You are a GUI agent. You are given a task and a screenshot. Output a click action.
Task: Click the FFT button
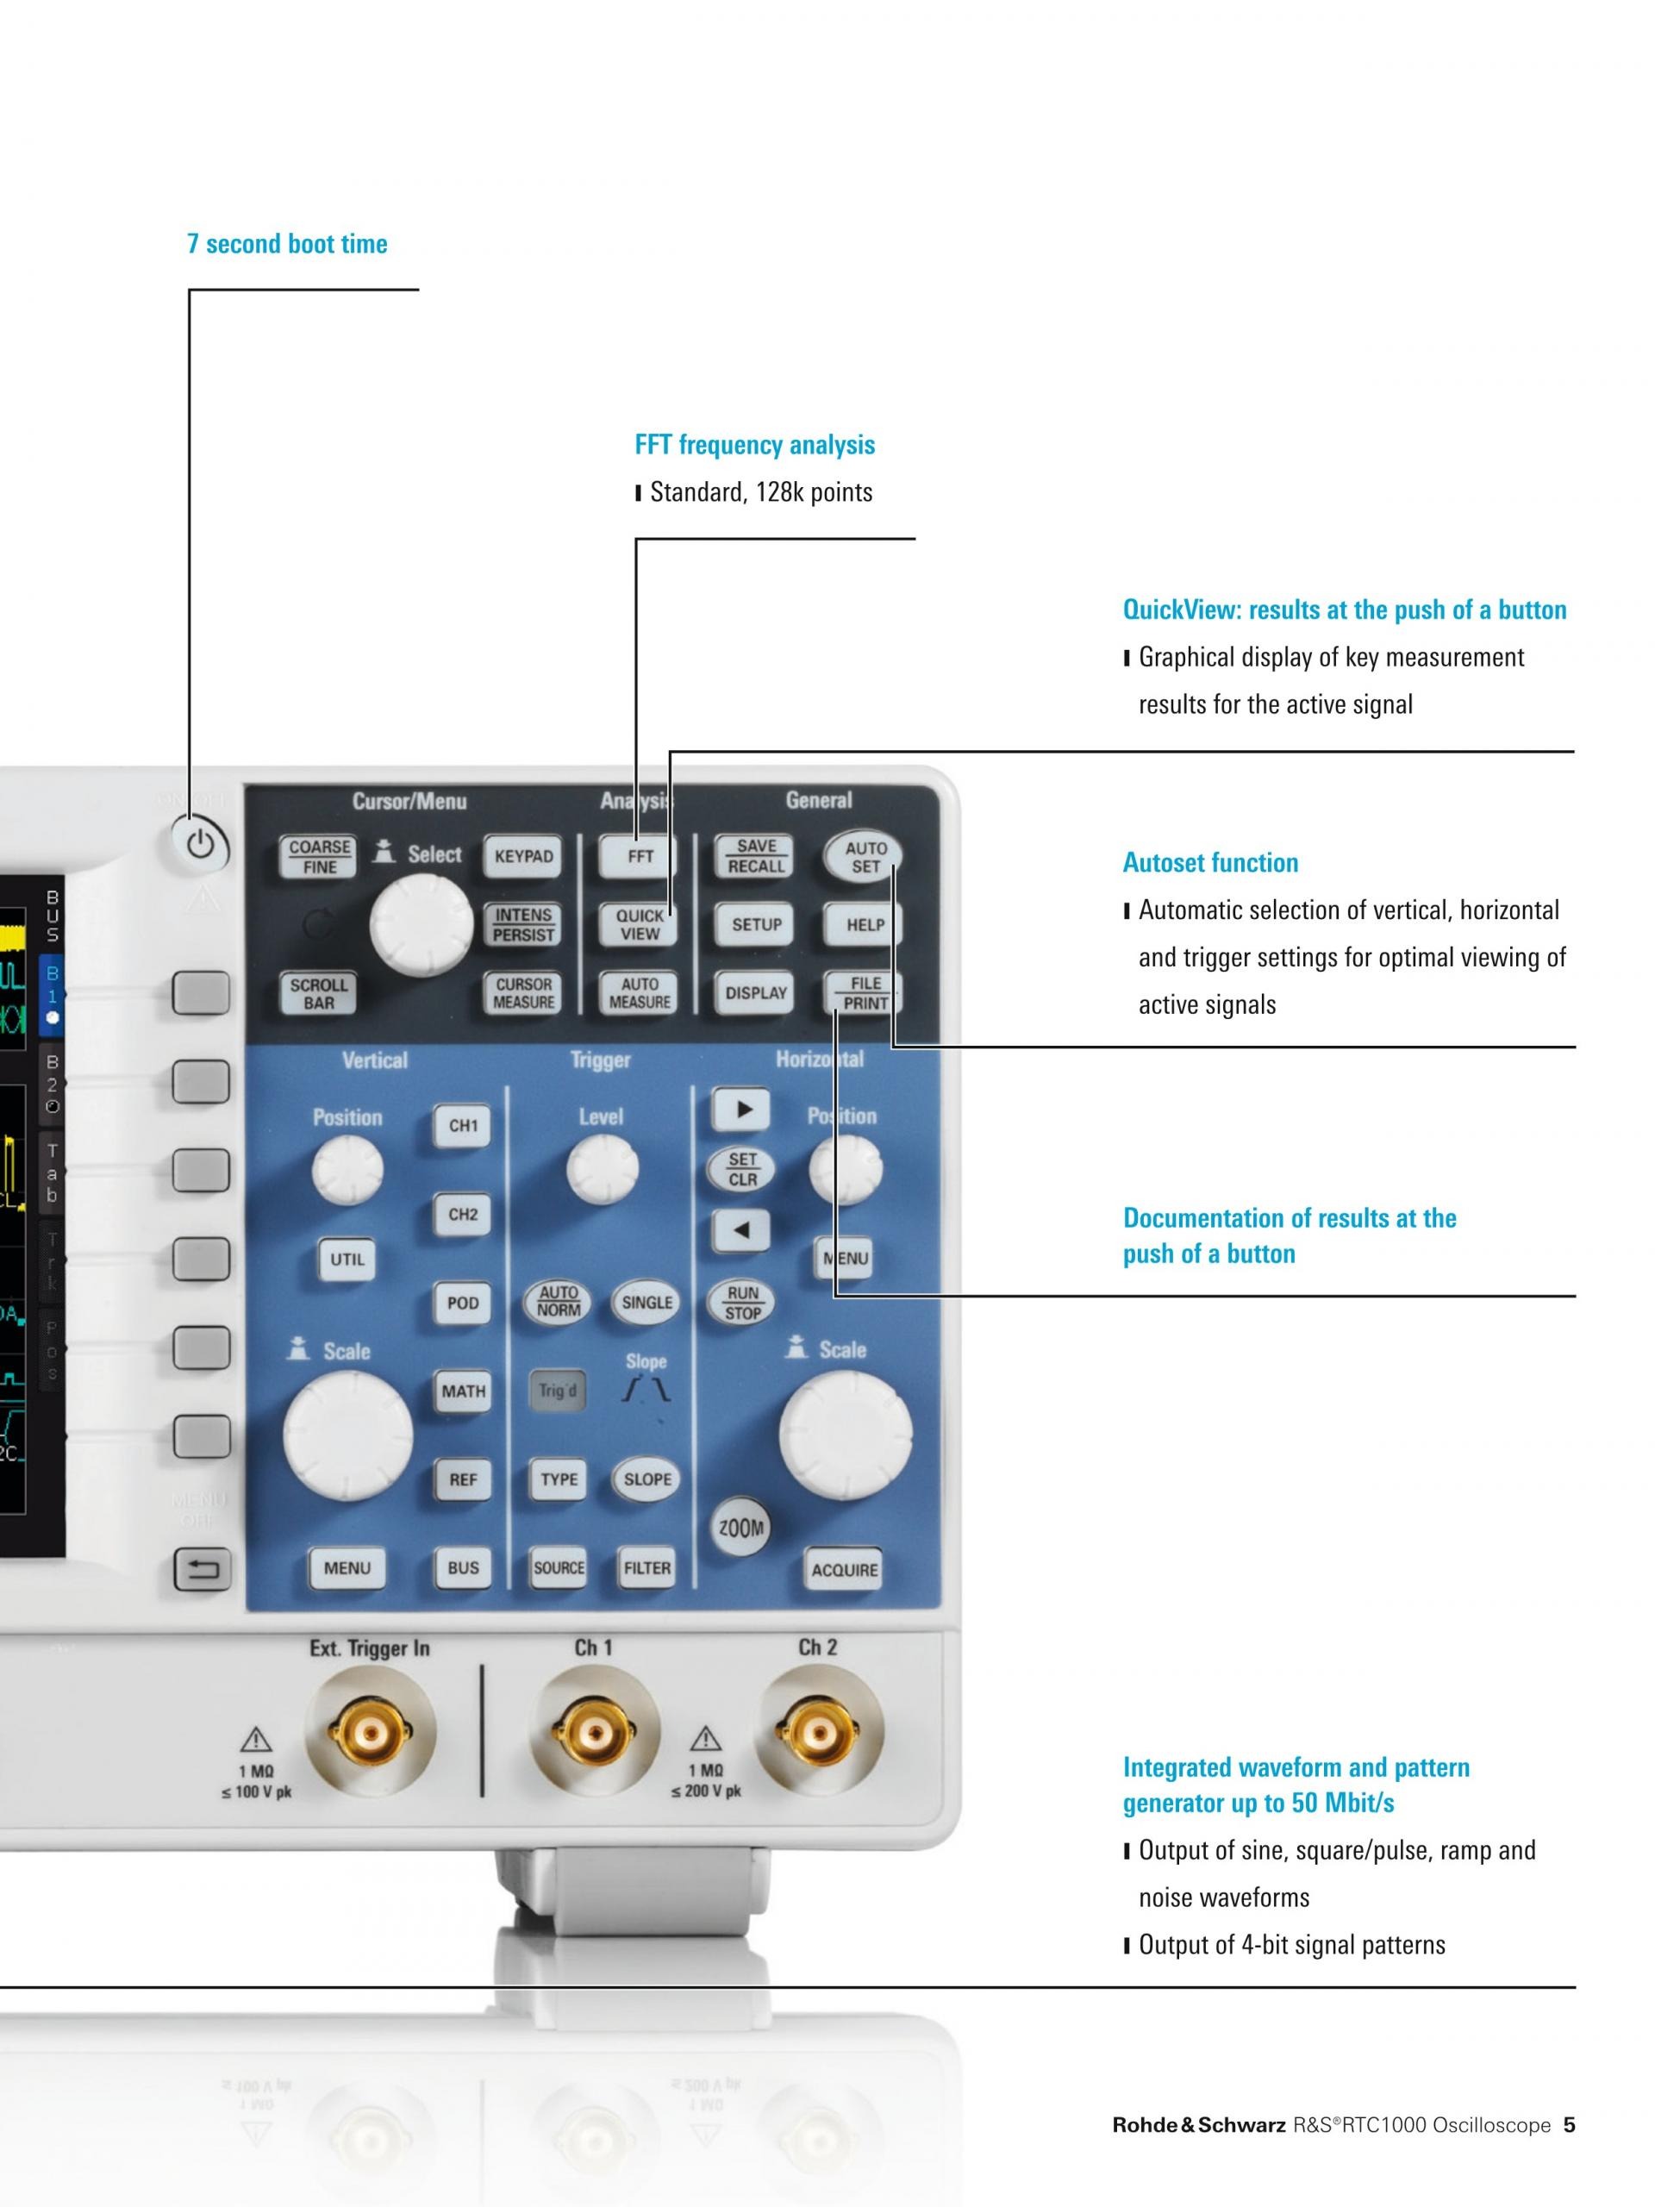(640, 856)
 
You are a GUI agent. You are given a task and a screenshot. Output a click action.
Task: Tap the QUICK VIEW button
(640, 924)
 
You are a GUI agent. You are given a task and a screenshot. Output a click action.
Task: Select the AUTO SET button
(865, 857)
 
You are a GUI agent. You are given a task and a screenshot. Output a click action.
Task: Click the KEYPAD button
(524, 856)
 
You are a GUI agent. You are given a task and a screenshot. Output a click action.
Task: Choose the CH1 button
(463, 1125)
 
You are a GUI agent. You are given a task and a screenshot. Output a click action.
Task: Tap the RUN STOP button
(742, 1303)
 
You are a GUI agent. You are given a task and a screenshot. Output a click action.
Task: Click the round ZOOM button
(741, 1528)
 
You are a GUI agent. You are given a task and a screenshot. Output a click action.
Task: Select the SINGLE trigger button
(646, 1302)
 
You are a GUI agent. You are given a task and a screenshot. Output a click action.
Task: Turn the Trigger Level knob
(602, 1169)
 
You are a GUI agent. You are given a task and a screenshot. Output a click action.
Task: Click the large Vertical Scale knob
(348, 1435)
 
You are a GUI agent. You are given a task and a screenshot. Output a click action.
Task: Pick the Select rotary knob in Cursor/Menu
(421, 925)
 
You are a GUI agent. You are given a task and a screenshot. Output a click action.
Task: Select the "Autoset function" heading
(1210, 863)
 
